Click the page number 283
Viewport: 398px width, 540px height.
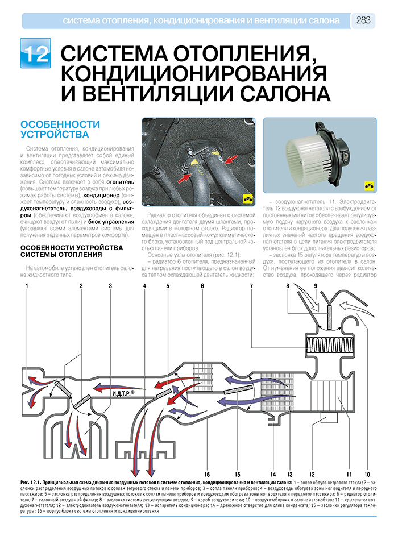click(x=363, y=20)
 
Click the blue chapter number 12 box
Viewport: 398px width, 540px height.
click(x=35, y=53)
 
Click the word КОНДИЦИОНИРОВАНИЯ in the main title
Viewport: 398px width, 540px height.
click(x=194, y=73)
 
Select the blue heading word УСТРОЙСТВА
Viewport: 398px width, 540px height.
click(x=55, y=134)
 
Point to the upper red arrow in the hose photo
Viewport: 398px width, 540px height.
click(x=231, y=159)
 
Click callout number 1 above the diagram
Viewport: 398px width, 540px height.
click(x=27, y=286)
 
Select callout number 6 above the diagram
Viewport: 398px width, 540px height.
click(x=202, y=286)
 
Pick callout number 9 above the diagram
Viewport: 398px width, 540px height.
click(x=316, y=286)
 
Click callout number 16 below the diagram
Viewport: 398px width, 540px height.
click(x=207, y=474)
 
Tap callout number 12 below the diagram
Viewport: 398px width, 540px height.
click(x=312, y=474)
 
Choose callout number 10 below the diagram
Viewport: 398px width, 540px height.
click(x=367, y=474)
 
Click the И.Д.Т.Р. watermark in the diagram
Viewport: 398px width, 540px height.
click(x=123, y=393)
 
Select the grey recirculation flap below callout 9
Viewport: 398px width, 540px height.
click(x=329, y=318)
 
